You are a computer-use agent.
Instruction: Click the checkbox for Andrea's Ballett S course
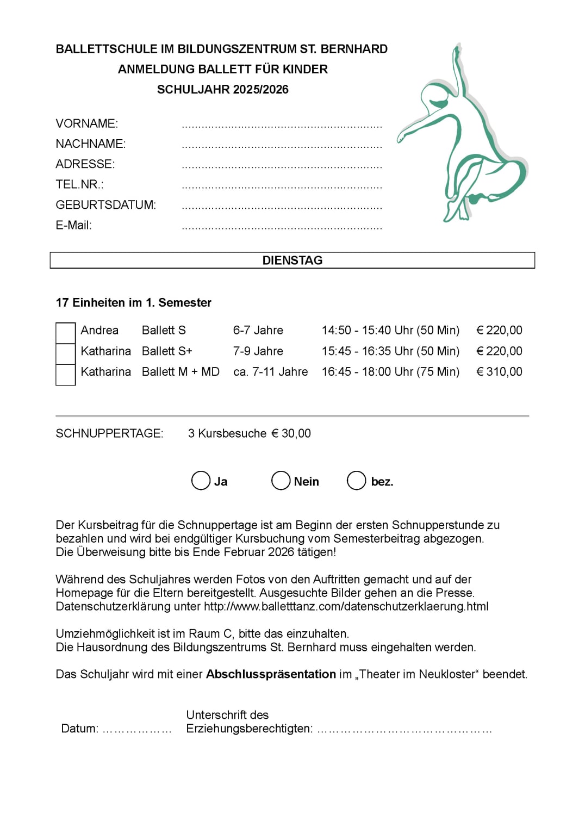click(x=65, y=333)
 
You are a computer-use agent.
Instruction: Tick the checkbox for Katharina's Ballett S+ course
click(x=65, y=353)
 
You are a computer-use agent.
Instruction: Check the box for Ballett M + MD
click(x=65, y=375)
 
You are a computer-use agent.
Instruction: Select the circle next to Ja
click(x=201, y=481)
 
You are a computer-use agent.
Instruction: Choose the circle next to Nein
click(x=281, y=481)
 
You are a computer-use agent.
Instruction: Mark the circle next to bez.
click(x=356, y=481)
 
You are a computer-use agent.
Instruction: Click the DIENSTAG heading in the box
click(x=292, y=260)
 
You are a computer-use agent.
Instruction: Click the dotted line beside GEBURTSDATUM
click(x=282, y=207)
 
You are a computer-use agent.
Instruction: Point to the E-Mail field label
click(x=73, y=225)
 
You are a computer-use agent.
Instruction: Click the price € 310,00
click(x=499, y=372)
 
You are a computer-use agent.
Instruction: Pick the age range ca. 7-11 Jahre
click(x=270, y=372)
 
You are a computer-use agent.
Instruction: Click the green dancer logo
click(x=462, y=136)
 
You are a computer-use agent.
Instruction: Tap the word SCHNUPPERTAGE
click(x=109, y=433)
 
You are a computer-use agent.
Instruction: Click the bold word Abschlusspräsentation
click(x=271, y=674)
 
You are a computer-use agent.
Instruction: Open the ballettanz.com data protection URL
click(x=346, y=606)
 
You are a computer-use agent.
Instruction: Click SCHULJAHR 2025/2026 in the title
click(x=222, y=90)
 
